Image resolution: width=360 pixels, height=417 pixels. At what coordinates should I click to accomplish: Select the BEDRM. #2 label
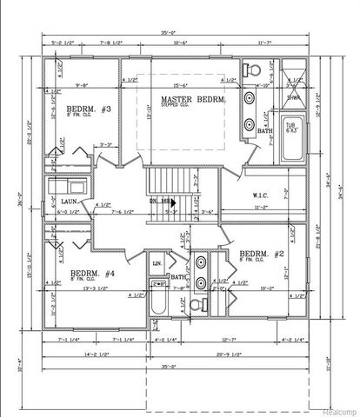(262, 253)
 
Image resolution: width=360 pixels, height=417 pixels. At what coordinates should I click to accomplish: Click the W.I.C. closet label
(257, 195)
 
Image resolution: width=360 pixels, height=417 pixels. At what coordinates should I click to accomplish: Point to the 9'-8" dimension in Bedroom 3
(84, 84)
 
